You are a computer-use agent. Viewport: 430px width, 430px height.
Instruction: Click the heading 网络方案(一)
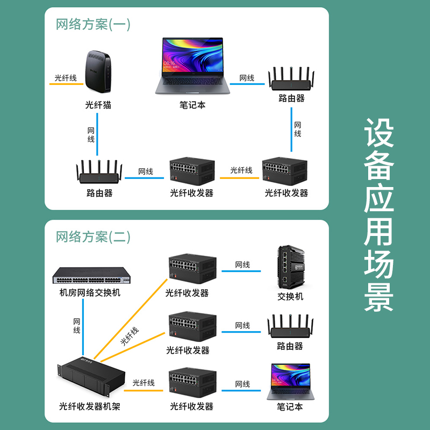point(93,24)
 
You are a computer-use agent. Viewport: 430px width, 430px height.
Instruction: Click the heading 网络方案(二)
point(93,237)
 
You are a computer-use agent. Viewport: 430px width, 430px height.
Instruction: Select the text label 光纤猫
point(98,105)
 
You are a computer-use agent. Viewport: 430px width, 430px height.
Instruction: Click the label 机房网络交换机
point(90,293)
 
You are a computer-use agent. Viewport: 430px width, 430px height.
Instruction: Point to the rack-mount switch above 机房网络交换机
point(91,276)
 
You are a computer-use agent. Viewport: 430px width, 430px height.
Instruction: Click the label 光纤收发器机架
point(90,406)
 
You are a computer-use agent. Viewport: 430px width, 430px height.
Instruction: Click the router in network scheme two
point(290,327)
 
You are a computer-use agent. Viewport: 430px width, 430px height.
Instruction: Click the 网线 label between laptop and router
point(247,78)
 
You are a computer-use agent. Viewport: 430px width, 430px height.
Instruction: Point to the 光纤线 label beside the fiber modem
point(66,78)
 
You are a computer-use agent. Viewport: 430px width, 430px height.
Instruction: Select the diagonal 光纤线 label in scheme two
point(129,336)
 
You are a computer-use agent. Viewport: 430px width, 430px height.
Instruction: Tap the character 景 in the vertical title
point(379,296)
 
